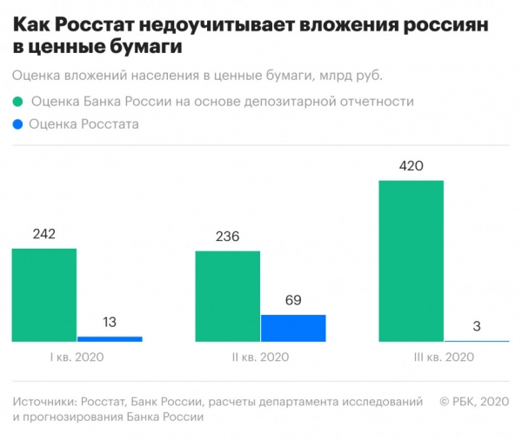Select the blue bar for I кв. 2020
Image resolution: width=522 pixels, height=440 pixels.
[110, 338]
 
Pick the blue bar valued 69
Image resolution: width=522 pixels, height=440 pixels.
[293, 328]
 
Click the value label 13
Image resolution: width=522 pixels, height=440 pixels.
[110, 323]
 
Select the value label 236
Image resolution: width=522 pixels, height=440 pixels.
[228, 237]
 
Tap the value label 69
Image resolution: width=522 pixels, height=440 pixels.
[293, 301]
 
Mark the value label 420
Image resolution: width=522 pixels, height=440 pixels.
[412, 166]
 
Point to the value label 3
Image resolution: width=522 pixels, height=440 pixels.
[477, 326]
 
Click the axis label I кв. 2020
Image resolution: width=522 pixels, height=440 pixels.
[77, 357]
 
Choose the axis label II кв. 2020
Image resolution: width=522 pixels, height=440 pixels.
[261, 357]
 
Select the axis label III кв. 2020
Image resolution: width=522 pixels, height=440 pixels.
[445, 357]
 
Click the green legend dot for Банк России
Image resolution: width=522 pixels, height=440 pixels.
[18, 102]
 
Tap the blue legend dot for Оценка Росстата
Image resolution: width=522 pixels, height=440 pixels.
[18, 125]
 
